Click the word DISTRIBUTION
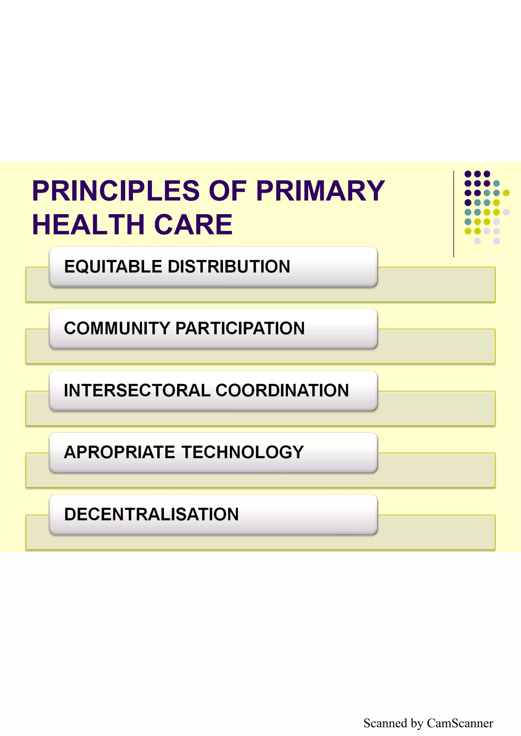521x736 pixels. (229, 267)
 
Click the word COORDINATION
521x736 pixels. (282, 390)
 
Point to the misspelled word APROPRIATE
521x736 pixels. (119, 452)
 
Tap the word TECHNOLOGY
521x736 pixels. (243, 452)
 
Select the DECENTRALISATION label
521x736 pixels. (151, 514)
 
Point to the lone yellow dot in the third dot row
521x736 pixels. (506, 193)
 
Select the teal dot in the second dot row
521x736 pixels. (497, 183)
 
